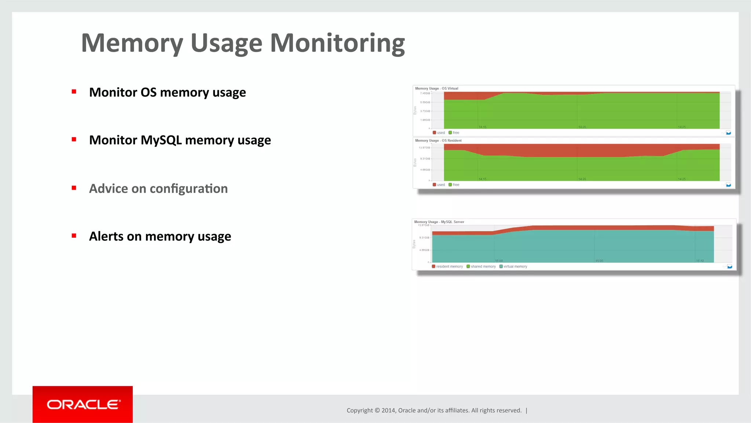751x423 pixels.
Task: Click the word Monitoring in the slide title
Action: point(337,44)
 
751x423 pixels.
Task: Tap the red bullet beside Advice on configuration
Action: point(74,188)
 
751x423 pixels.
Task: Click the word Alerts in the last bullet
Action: point(106,236)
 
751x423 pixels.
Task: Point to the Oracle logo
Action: point(83,404)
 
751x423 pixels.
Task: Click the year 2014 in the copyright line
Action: point(388,410)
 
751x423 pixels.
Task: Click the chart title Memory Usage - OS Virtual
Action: point(436,88)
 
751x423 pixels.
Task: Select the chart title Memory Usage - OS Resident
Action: point(438,141)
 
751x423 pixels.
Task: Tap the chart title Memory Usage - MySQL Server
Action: point(439,222)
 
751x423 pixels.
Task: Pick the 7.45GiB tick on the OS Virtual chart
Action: point(425,93)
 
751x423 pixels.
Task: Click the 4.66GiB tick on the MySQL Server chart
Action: point(424,250)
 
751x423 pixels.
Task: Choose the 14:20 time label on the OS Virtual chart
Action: point(582,127)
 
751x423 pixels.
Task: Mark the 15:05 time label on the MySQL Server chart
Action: point(599,260)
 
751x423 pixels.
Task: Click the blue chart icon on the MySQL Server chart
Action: point(729,266)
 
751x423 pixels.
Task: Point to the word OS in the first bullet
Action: point(149,92)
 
